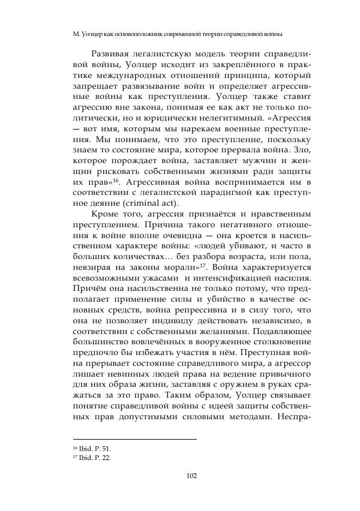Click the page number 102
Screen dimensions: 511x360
point(192,477)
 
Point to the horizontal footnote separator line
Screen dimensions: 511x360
point(134,439)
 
